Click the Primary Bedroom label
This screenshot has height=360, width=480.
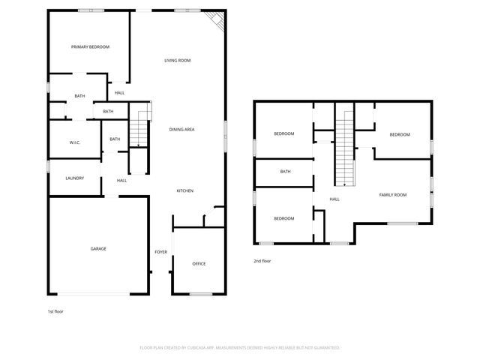(x=90, y=47)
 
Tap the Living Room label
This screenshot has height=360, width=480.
(x=178, y=60)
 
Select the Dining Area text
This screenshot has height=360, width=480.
(x=181, y=130)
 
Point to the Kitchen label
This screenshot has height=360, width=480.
(x=185, y=191)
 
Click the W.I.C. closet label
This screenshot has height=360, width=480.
(x=75, y=142)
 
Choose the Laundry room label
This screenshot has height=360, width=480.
(x=74, y=178)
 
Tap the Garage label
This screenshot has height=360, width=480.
(x=98, y=249)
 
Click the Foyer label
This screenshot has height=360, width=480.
(x=160, y=252)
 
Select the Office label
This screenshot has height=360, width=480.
(x=199, y=264)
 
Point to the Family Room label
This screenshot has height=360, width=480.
(x=392, y=195)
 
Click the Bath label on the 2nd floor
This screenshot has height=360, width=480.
(x=285, y=172)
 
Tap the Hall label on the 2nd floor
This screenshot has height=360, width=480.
(x=334, y=199)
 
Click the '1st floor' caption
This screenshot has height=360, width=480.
(x=55, y=310)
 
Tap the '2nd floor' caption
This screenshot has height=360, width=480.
(x=262, y=261)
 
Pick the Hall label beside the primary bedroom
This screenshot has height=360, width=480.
(x=119, y=93)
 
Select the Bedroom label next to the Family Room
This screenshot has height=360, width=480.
(x=399, y=134)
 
